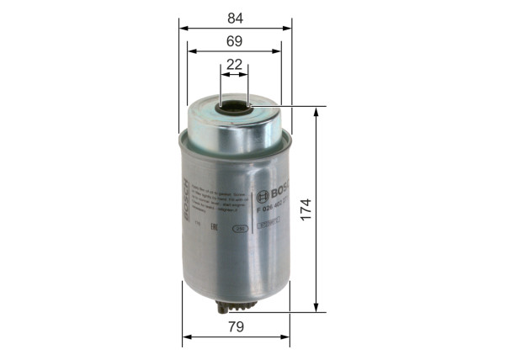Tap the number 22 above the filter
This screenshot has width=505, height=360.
click(234, 64)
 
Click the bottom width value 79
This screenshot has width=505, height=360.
click(235, 326)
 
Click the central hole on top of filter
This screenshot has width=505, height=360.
click(236, 108)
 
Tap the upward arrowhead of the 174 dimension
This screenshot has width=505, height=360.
click(316, 112)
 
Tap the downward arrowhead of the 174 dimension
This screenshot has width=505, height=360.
click(316, 308)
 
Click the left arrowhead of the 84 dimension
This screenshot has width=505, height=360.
click(183, 26)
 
